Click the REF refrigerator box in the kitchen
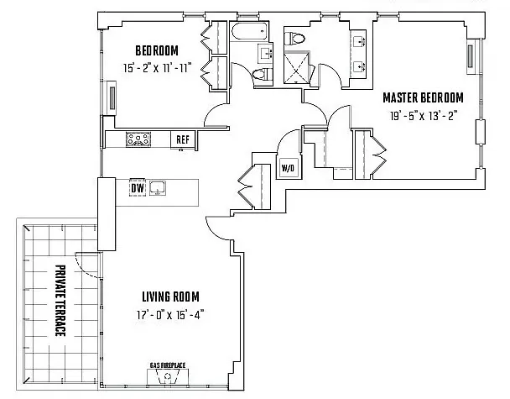[182, 139]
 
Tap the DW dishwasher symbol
[137, 188]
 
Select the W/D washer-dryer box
[288, 167]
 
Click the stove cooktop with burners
[138, 139]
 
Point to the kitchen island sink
[158, 187]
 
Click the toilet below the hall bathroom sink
[261, 75]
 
